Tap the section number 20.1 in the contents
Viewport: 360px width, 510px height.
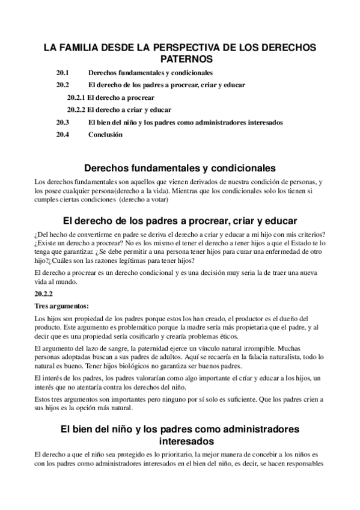point(63,72)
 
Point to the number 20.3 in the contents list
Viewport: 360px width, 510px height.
point(63,123)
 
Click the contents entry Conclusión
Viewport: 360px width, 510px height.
point(105,135)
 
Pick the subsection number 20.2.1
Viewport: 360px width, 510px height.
point(76,97)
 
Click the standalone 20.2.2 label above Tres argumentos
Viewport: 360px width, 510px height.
point(44,294)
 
